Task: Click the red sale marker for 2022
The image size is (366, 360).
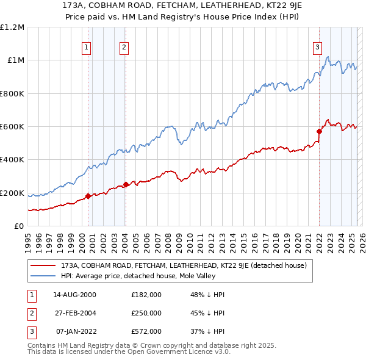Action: click(319, 131)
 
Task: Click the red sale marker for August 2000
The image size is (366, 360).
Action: click(88, 196)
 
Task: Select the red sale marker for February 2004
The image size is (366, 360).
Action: click(126, 184)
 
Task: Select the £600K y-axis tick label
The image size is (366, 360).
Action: click(12, 127)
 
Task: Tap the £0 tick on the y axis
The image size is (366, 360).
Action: click(20, 226)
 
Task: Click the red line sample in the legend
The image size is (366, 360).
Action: click(43, 265)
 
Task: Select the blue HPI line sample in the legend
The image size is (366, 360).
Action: click(43, 276)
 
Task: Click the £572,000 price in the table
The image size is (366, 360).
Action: click(146, 332)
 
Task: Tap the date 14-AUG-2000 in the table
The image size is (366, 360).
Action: click(74, 295)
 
